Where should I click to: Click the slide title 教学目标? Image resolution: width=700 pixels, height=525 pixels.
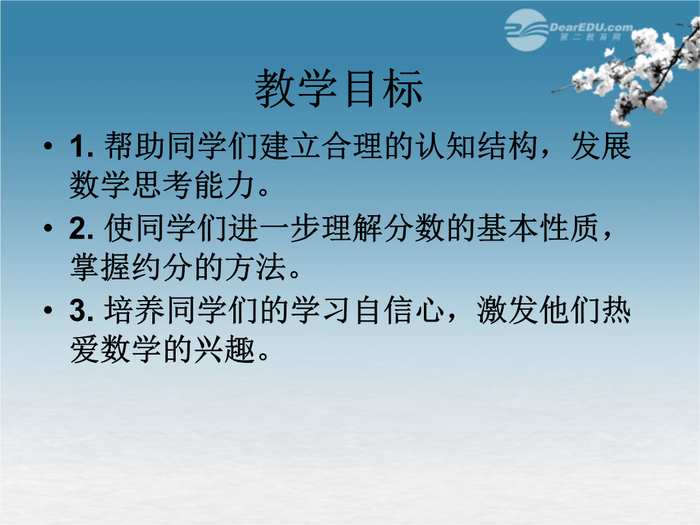(x=338, y=88)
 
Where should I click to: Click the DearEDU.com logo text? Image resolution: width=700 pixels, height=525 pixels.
(x=591, y=28)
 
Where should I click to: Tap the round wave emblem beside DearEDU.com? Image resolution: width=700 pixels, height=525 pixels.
(x=526, y=30)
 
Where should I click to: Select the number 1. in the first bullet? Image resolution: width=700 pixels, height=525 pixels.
(x=82, y=146)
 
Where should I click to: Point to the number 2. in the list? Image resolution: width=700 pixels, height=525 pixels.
(x=82, y=228)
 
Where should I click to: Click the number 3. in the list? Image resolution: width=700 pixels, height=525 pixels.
(x=82, y=310)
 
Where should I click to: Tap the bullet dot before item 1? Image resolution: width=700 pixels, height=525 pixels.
(x=48, y=146)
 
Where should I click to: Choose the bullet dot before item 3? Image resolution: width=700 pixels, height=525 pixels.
(x=48, y=310)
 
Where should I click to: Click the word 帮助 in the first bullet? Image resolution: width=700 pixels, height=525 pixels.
(x=134, y=146)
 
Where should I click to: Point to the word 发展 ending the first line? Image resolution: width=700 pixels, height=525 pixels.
(x=600, y=146)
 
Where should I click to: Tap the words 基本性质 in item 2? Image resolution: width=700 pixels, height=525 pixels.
(x=537, y=228)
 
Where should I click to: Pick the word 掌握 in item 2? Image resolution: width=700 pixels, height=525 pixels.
(x=100, y=267)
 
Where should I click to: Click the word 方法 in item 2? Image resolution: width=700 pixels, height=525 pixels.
(x=255, y=267)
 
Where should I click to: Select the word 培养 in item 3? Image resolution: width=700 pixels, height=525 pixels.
(x=134, y=310)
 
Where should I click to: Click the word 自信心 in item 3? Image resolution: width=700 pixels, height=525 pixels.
(x=399, y=310)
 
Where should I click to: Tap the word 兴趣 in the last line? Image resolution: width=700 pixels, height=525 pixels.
(x=224, y=349)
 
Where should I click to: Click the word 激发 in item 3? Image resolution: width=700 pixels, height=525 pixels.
(x=507, y=310)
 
